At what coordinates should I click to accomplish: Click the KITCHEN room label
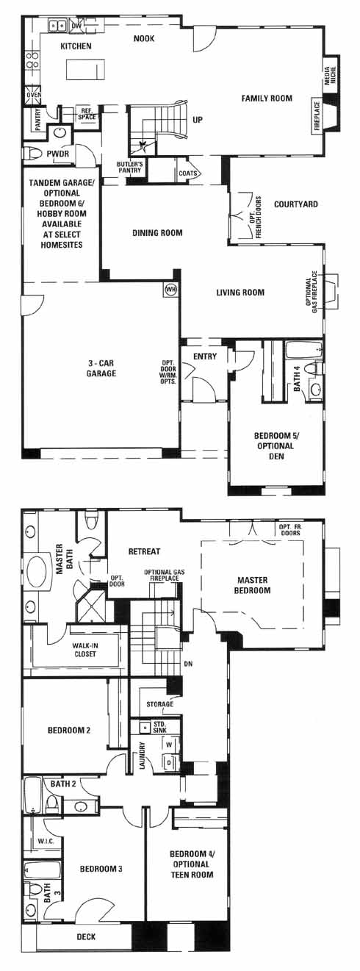(x=76, y=46)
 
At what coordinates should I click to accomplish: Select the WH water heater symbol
(x=170, y=290)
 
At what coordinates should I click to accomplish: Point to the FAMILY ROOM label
(x=267, y=98)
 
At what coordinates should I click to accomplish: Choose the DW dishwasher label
(x=76, y=26)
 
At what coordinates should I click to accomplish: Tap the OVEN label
(x=34, y=95)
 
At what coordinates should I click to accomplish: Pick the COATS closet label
(x=187, y=173)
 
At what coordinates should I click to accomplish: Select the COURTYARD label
(x=296, y=204)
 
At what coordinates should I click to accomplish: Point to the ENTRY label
(x=205, y=356)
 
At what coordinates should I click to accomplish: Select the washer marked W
(x=170, y=745)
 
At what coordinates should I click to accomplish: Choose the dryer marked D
(x=170, y=762)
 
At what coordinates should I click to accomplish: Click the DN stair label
(x=188, y=664)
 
